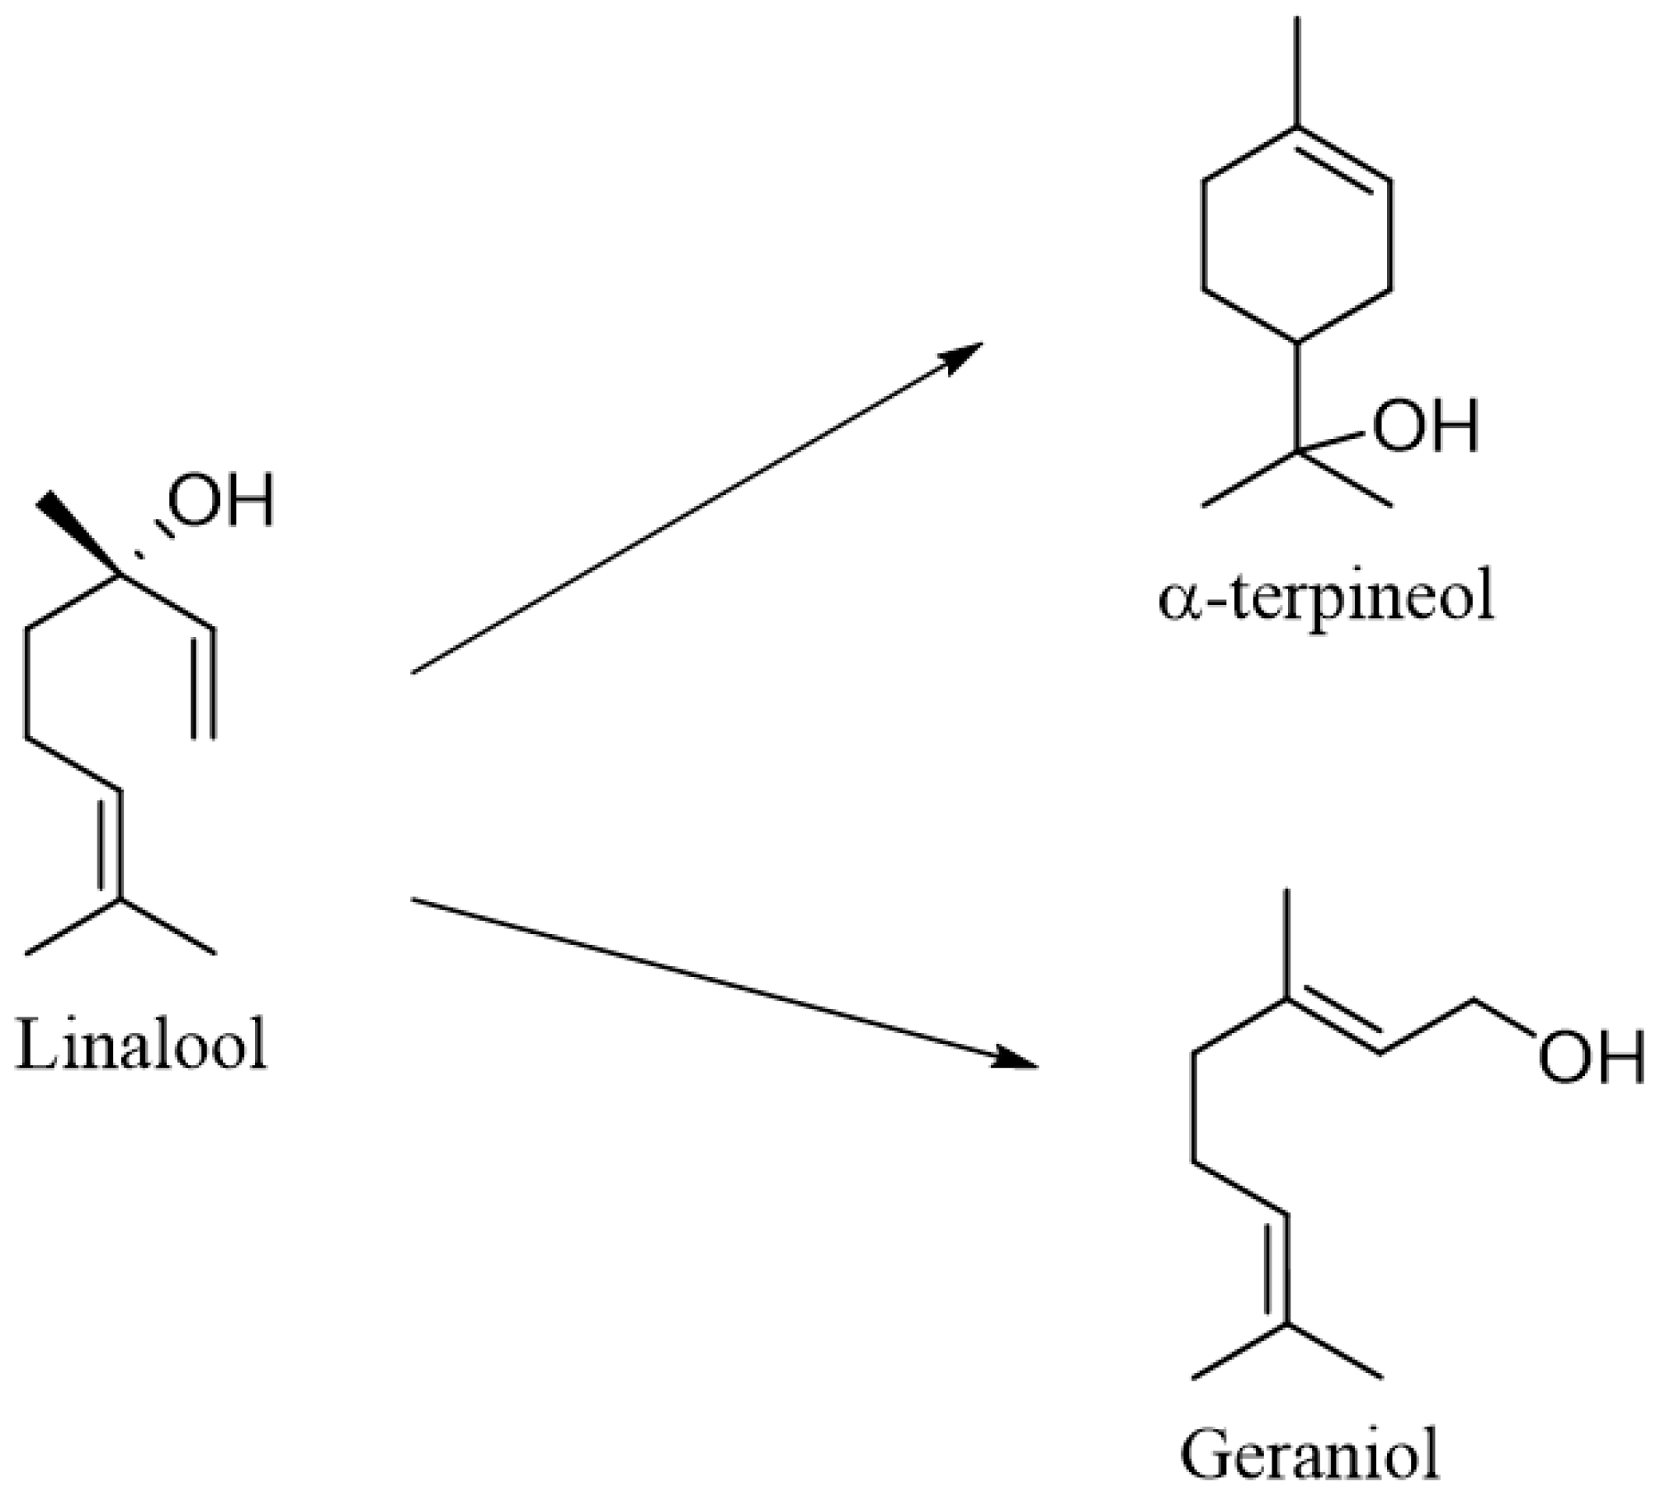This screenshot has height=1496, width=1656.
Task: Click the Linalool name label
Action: click(x=142, y=1045)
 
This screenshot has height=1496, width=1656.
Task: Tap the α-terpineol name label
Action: click(x=1326, y=600)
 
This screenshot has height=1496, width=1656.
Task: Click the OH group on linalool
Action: click(x=220, y=501)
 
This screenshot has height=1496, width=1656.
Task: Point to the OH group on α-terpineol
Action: click(x=1425, y=427)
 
